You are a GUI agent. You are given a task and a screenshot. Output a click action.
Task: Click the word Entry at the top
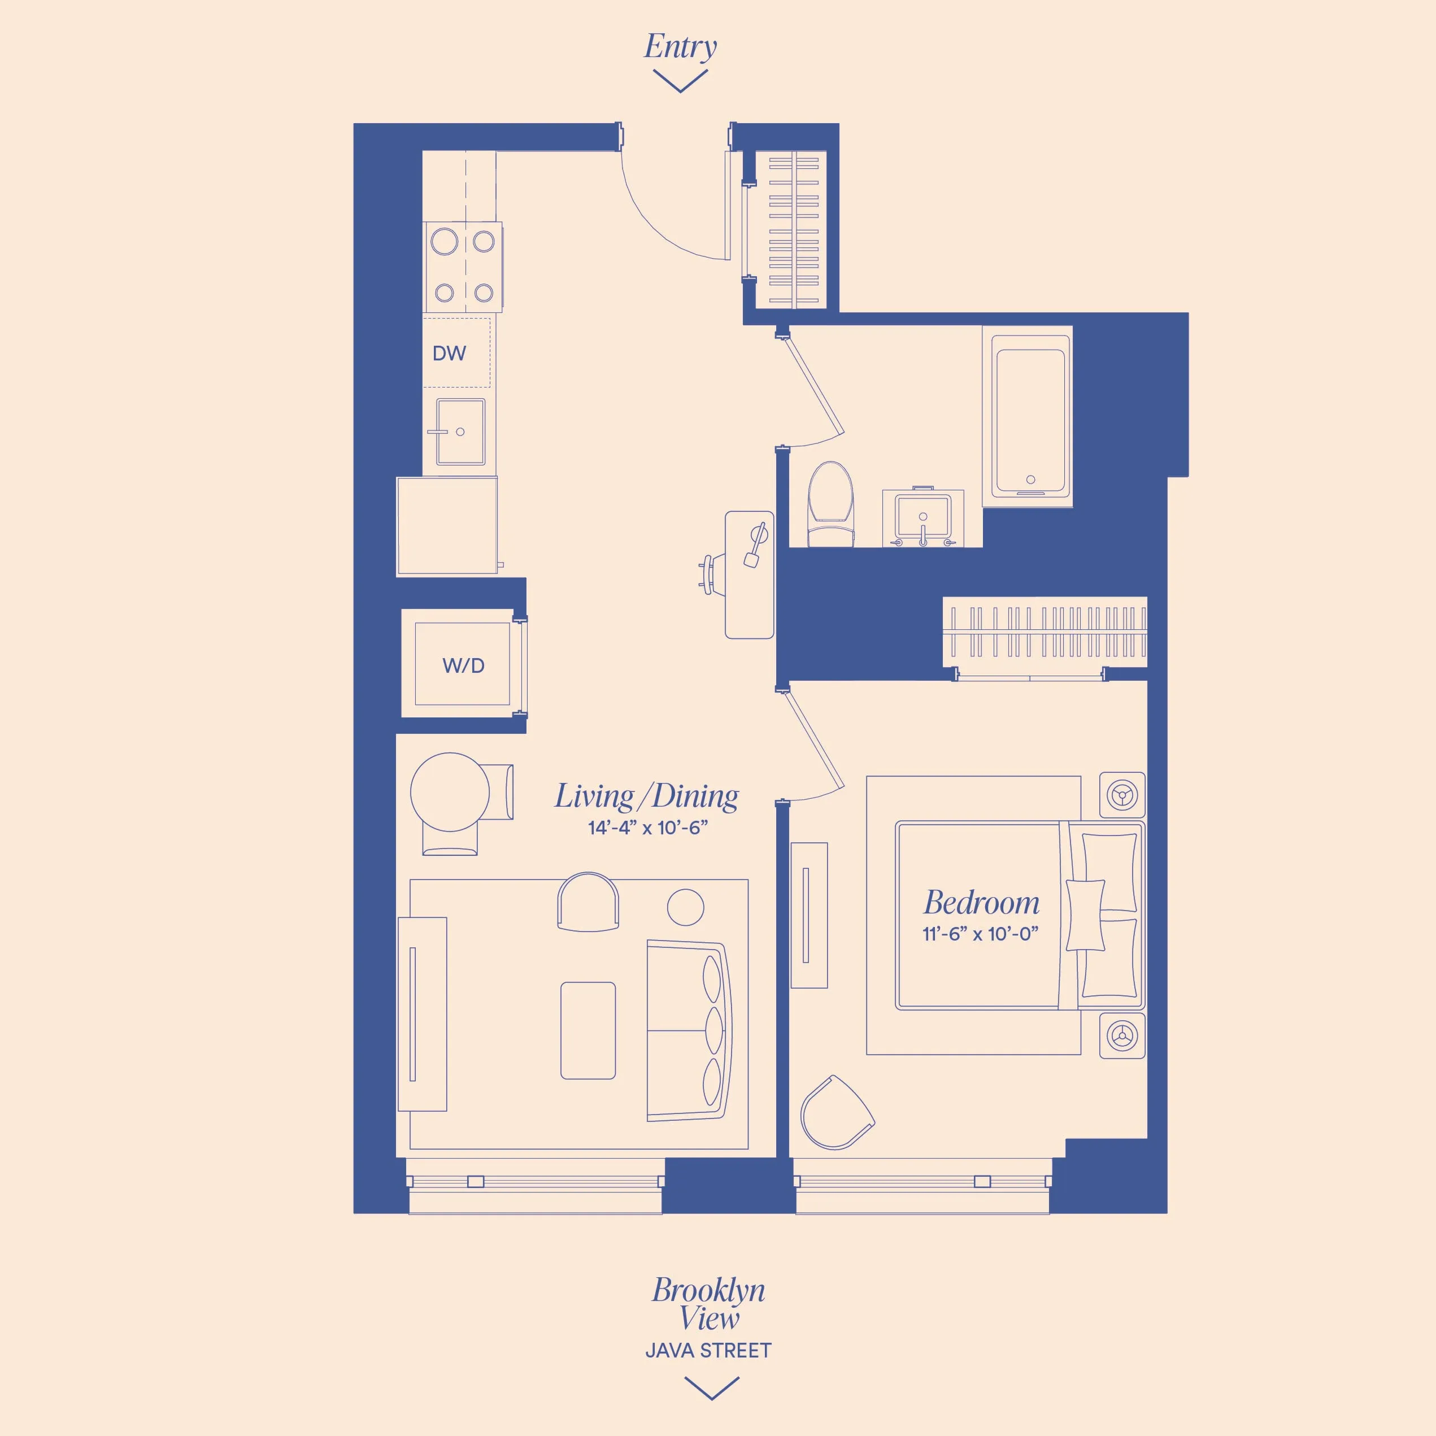pyautogui.click(x=680, y=46)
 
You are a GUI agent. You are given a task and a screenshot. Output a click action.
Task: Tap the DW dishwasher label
pyautogui.click(x=449, y=354)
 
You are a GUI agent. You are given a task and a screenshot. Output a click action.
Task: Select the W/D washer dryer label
pyautogui.click(x=463, y=665)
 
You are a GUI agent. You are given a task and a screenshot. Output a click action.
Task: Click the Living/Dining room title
pyautogui.click(x=647, y=796)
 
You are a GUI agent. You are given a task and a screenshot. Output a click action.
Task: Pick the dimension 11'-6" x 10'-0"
pyautogui.click(x=980, y=934)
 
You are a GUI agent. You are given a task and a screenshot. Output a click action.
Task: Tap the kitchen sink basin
pyautogui.click(x=460, y=432)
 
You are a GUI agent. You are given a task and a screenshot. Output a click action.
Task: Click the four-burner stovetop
pyautogui.click(x=464, y=267)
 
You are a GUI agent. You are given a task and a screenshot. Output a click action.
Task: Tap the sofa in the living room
pyautogui.click(x=687, y=1030)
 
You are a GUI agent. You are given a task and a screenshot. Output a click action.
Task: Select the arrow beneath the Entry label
pyautogui.click(x=680, y=80)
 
